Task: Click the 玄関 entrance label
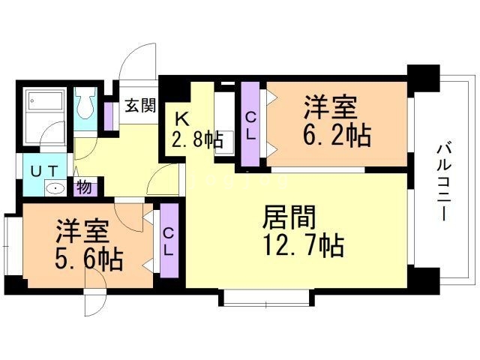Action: (140, 105)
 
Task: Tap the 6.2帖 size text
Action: (336, 136)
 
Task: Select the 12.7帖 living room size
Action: (303, 244)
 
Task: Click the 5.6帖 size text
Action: (89, 259)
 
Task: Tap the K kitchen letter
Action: (181, 118)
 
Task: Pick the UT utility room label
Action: (43, 171)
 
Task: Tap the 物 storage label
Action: (84, 187)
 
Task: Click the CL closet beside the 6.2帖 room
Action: (250, 125)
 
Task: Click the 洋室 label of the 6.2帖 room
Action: (329, 108)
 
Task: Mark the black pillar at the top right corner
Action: (422, 76)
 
